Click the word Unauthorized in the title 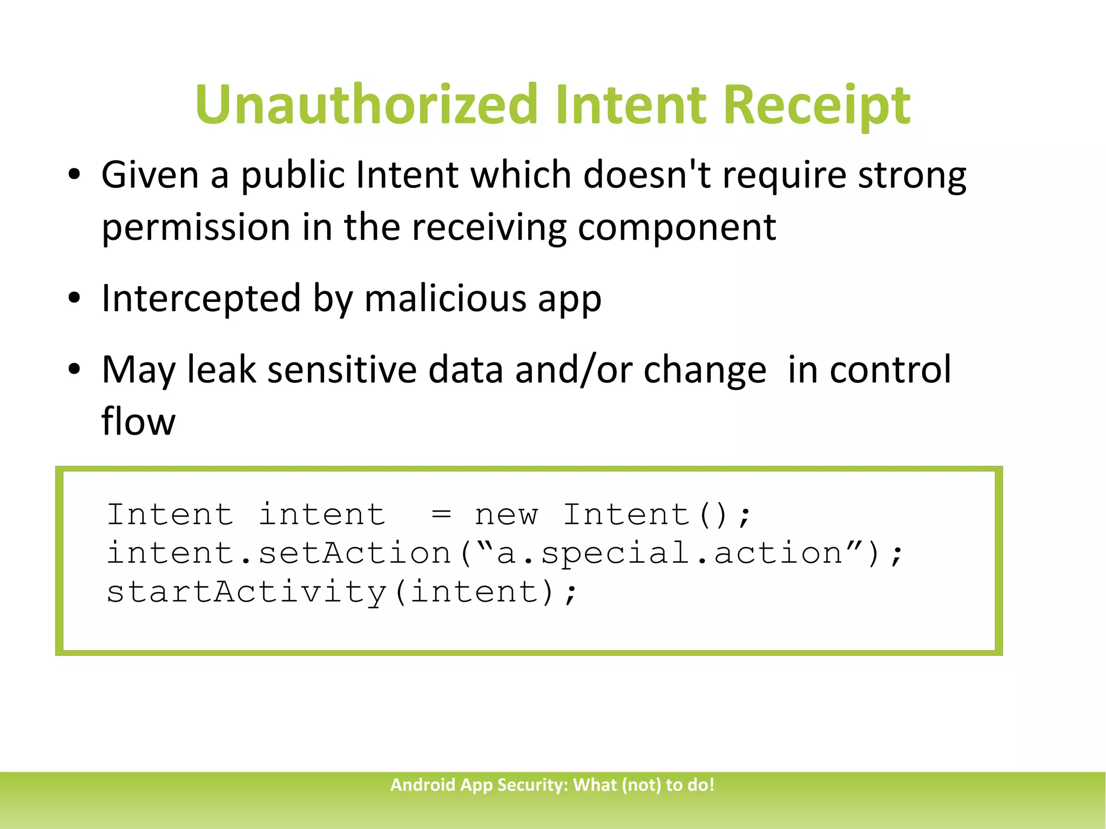(x=367, y=104)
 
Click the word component (x=677, y=227)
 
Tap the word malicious (x=445, y=298)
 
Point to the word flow (x=138, y=421)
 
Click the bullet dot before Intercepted (x=75, y=298)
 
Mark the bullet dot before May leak (x=75, y=370)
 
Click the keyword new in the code (x=506, y=515)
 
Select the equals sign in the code (x=441, y=515)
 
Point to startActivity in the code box (x=246, y=592)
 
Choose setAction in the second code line (x=354, y=554)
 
